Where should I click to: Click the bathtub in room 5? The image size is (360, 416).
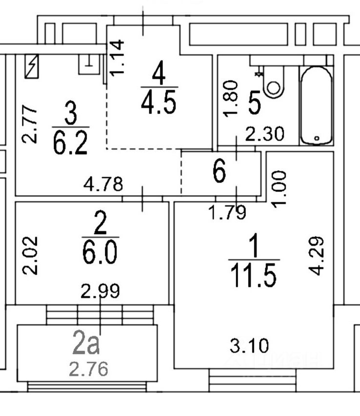coord(316,105)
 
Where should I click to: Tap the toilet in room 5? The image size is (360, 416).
coord(273,83)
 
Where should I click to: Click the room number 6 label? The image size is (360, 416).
coord(220,172)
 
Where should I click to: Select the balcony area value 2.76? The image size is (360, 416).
coord(88,368)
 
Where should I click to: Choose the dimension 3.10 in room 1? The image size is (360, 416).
coord(249,347)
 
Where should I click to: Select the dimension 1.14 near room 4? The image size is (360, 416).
coord(118,58)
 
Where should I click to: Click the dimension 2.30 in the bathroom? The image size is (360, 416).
coord(264,134)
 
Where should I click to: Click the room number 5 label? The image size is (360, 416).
coord(254,104)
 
